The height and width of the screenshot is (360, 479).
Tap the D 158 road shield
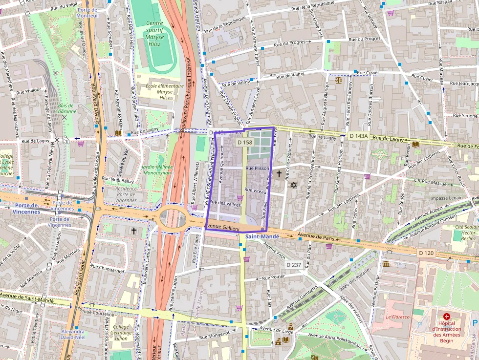click(x=244, y=142)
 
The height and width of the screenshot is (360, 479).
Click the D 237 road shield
click(x=294, y=264)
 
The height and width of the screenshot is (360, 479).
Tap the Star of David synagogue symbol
click(x=294, y=185)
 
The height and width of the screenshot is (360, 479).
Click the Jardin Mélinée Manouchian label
click(x=157, y=170)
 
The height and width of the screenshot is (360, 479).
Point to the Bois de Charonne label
click(x=65, y=108)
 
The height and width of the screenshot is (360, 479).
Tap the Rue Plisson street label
click(x=258, y=168)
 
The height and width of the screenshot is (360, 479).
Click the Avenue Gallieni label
click(x=222, y=227)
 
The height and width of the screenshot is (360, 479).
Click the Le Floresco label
click(x=397, y=316)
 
